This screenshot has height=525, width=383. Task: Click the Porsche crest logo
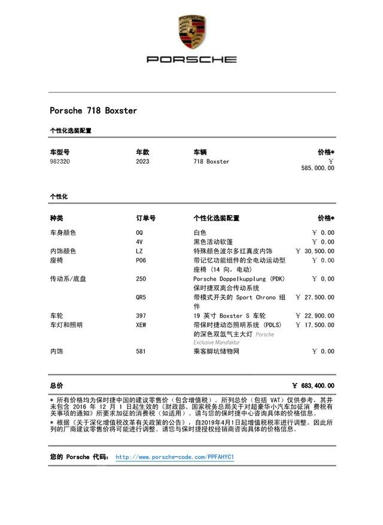pos(191,32)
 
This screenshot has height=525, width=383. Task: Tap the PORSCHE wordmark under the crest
pos(191,59)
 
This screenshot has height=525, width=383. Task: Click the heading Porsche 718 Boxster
pos(93,111)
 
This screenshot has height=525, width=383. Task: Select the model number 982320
pos(60,162)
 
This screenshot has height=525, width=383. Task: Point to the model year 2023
pos(142,162)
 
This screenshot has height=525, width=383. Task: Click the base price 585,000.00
pos(318,168)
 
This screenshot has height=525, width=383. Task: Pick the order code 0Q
pos(139,233)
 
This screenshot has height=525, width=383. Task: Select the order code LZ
pos(139,251)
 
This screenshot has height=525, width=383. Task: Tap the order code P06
pos(141,261)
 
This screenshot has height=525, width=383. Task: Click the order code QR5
pos(141,297)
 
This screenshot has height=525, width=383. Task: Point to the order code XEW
pos(141,325)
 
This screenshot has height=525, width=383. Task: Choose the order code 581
pos(141,352)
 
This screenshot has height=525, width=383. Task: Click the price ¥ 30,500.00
pos(315,251)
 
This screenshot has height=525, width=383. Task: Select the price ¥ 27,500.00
pos(315,297)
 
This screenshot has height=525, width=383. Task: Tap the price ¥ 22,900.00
pos(315,316)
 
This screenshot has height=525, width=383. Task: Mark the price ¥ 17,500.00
pos(315,325)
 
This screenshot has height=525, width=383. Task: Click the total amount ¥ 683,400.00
pos(313,386)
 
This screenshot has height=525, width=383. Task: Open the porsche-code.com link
pos(174,457)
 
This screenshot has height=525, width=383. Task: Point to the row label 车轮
pos(56,316)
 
